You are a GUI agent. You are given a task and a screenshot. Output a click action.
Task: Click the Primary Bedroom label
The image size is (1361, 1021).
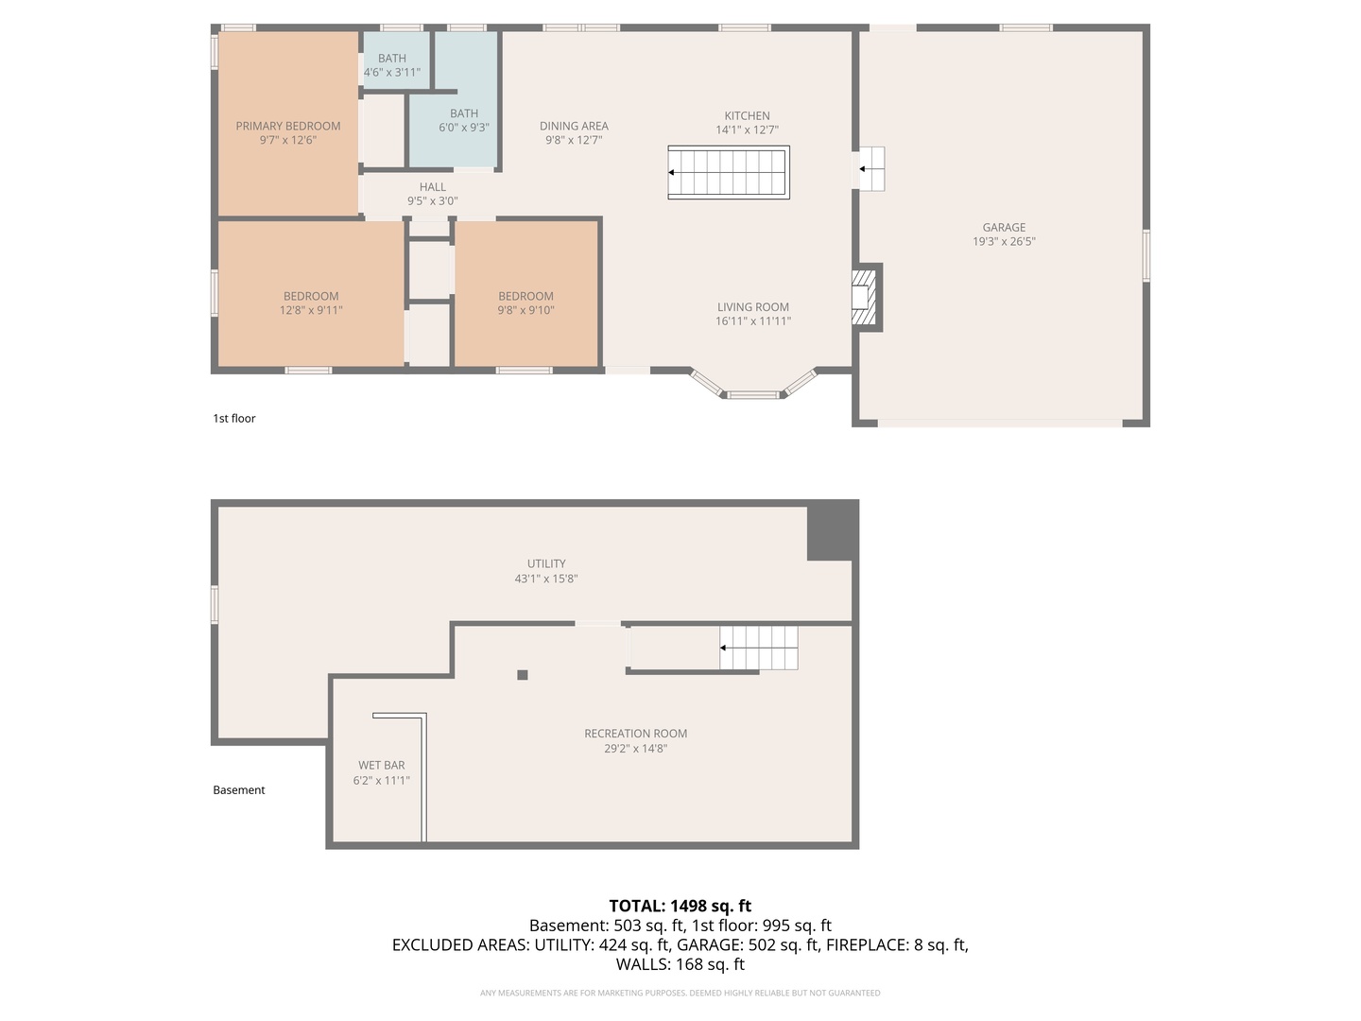[x=288, y=126]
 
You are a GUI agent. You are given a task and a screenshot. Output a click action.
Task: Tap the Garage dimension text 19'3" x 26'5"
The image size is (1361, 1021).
[x=1004, y=242]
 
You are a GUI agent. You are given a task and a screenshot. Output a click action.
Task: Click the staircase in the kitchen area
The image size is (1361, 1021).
[x=728, y=172]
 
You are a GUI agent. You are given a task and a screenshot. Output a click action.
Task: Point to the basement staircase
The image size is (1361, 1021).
[x=758, y=648]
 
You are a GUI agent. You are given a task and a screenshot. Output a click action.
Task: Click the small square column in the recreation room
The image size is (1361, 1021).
[x=523, y=675]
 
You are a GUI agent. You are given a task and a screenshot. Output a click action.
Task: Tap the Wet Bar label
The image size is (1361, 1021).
[x=382, y=766]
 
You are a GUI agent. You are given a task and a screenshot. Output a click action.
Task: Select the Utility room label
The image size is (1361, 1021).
[x=546, y=563]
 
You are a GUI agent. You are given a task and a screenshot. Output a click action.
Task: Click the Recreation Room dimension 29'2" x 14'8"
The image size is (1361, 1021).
[x=635, y=749]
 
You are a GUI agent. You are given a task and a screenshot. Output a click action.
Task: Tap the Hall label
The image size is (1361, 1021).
[x=433, y=187]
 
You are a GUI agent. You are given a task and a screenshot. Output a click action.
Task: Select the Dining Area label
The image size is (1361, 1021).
[x=574, y=126]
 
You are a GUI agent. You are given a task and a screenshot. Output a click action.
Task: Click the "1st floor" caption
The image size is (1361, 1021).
[x=234, y=419]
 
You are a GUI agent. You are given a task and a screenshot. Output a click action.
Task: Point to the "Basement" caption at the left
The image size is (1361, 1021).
[x=239, y=790]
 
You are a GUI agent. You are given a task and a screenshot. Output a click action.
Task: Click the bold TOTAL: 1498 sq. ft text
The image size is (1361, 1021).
[x=680, y=906]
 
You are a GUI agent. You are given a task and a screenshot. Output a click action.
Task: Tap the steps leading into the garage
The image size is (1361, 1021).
[x=870, y=169]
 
